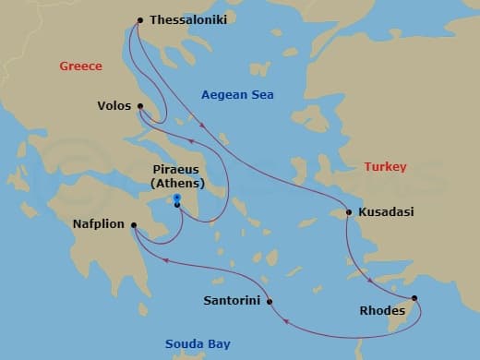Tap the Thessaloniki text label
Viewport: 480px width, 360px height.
188,19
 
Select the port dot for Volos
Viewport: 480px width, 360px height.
140,106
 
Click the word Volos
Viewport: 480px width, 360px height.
114,106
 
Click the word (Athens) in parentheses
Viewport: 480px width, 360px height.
176,183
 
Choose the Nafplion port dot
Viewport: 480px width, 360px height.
134,223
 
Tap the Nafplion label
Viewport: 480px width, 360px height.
99,223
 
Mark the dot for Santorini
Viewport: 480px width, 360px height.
269,301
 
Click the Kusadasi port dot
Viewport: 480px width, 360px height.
348,212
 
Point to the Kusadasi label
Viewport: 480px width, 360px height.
388,212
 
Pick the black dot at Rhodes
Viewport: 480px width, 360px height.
414,298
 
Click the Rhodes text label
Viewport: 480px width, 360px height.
381,311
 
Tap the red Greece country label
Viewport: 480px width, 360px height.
80,66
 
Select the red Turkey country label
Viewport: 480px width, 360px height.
385,167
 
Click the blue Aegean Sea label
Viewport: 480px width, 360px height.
237,95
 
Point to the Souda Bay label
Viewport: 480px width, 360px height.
198,344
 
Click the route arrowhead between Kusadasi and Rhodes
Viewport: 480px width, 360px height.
370,281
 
